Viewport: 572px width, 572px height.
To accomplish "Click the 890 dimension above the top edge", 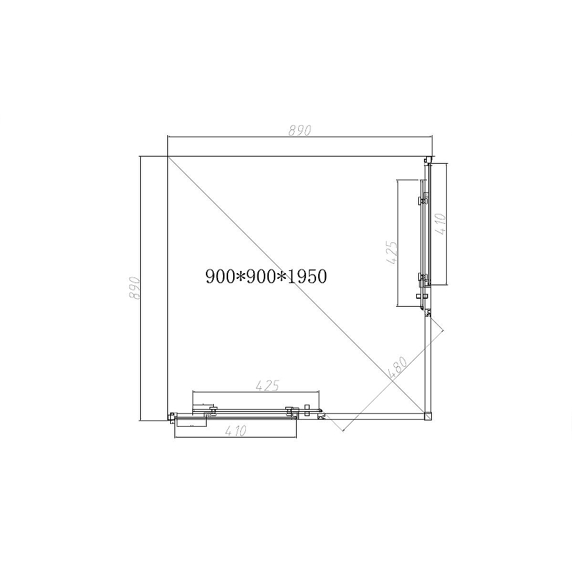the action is click(300, 130).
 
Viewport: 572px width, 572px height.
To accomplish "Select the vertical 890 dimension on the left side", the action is click(134, 288).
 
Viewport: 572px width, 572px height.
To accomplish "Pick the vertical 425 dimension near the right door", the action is click(390, 252).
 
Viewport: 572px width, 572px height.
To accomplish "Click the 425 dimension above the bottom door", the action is click(267, 385).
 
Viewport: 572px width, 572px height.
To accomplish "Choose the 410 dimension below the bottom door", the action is click(235, 431).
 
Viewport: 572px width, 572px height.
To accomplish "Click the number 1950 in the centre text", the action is click(307, 276).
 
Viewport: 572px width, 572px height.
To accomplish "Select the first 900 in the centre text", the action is click(220, 276).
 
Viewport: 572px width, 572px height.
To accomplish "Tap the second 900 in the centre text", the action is click(261, 276).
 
